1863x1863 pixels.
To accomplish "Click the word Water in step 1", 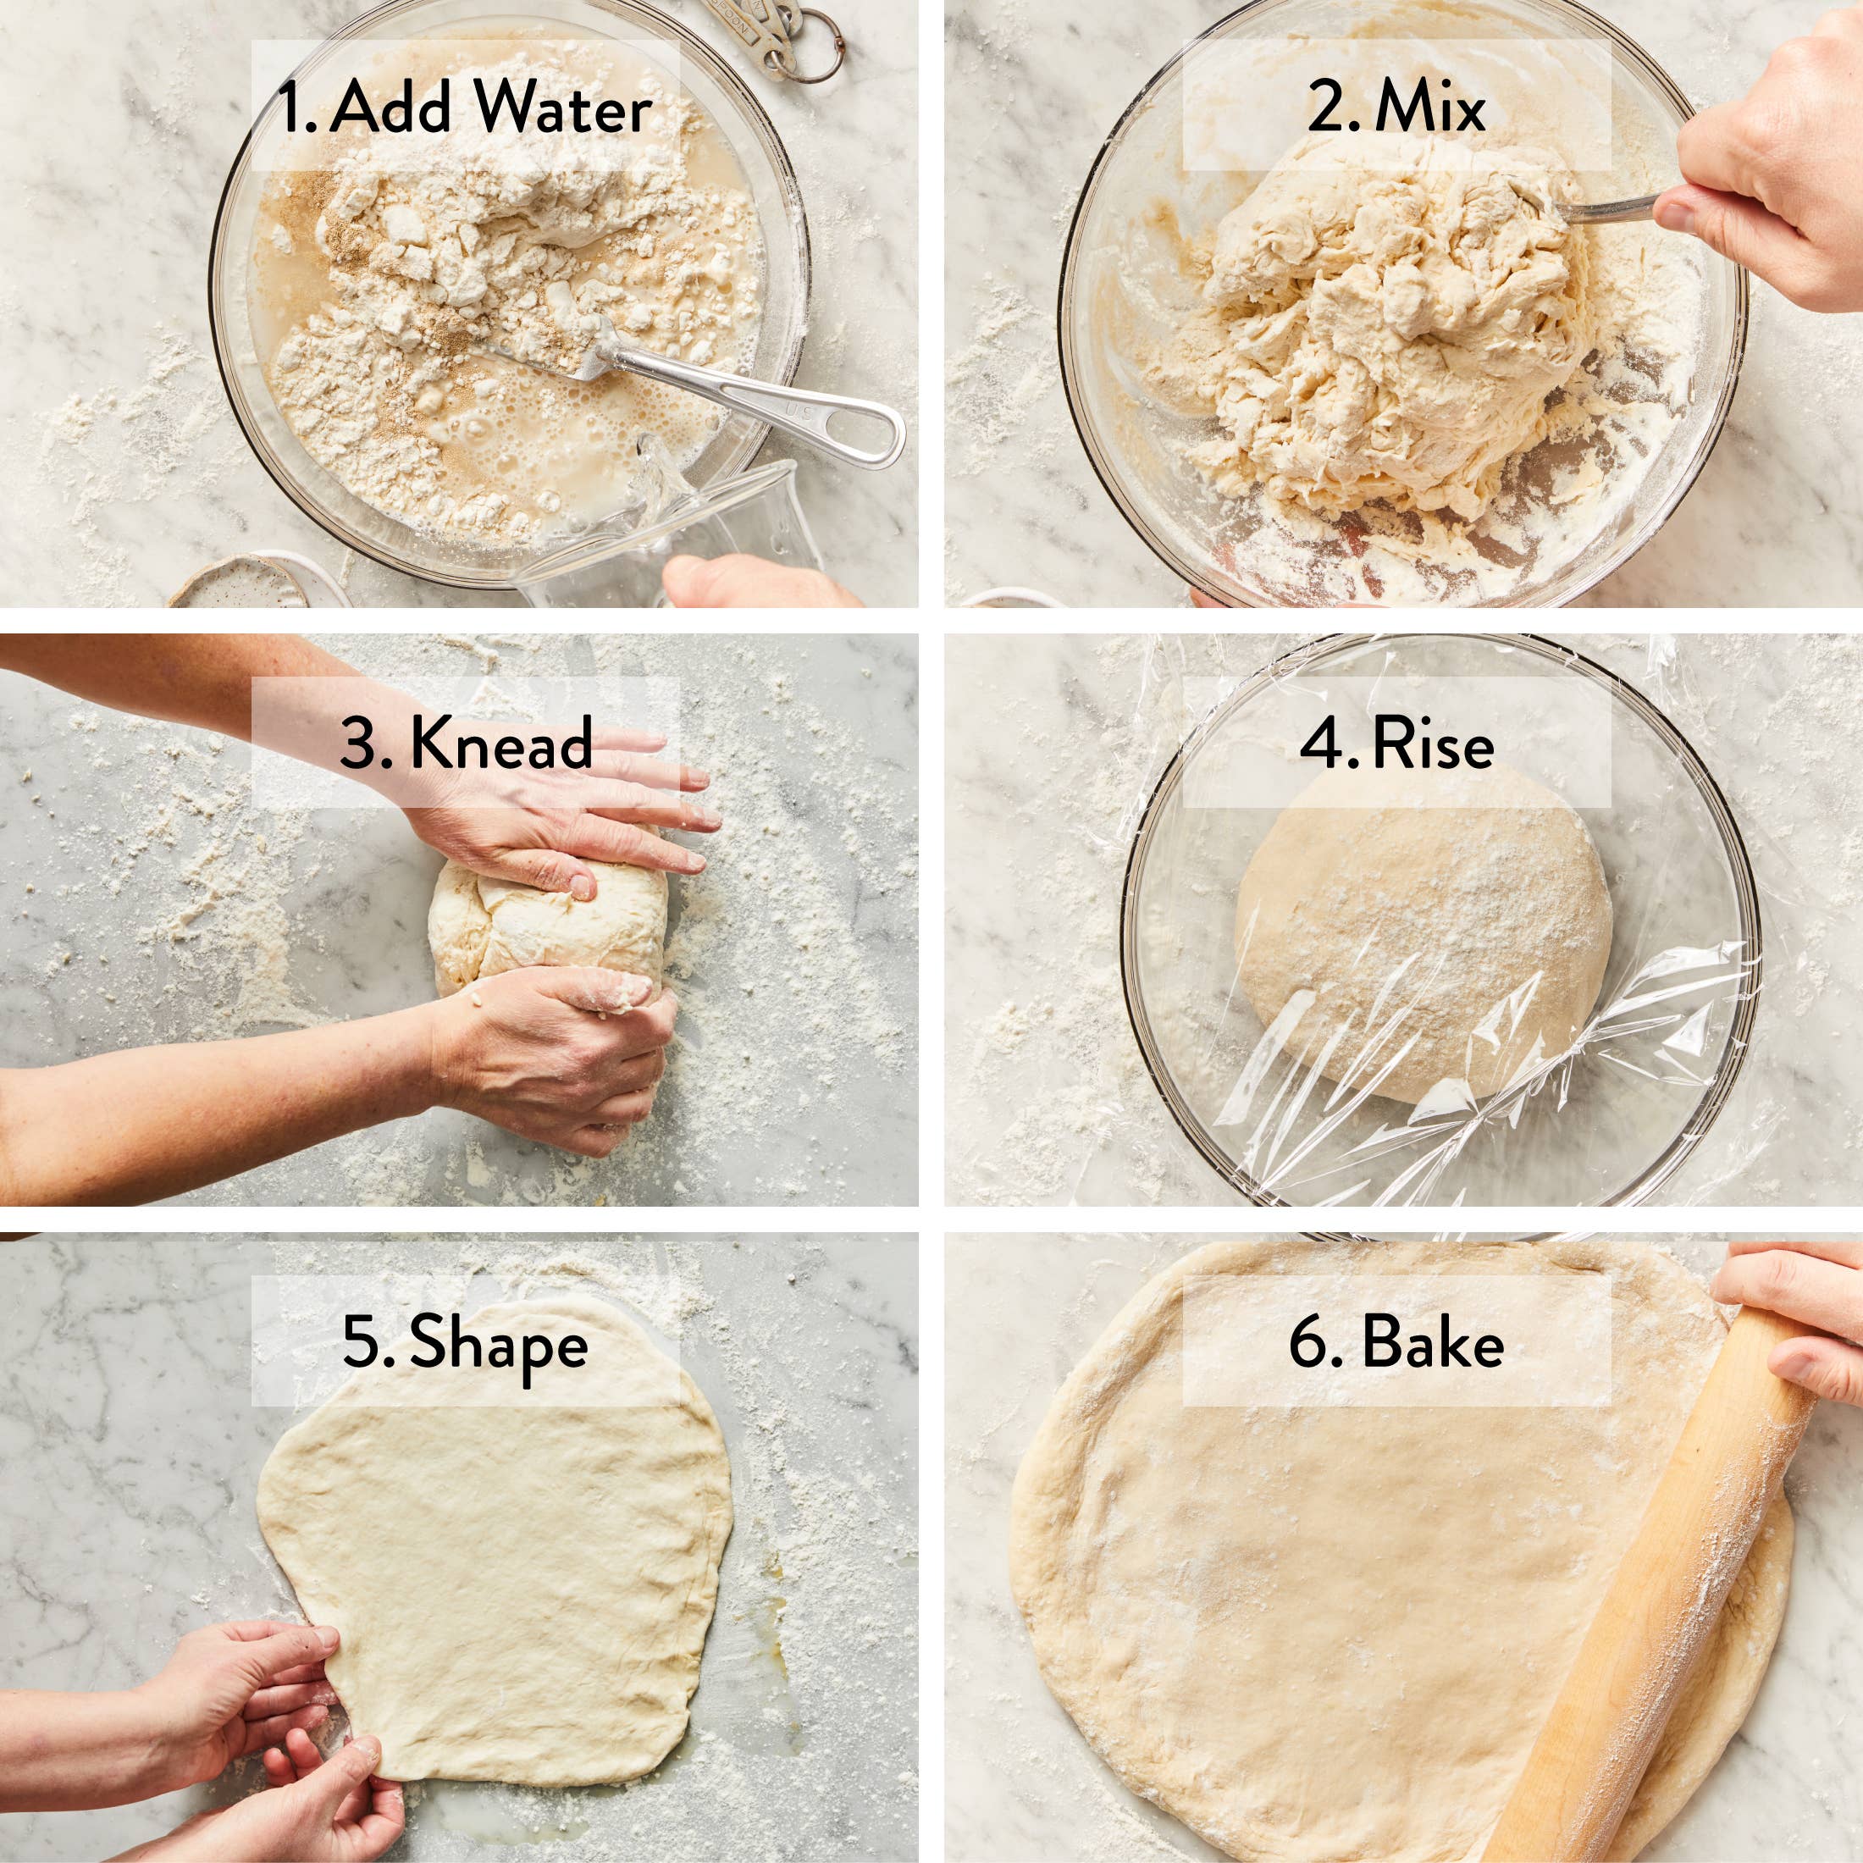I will click(x=563, y=109).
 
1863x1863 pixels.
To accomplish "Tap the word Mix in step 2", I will click(x=1430, y=109).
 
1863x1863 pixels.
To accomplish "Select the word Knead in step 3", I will click(x=500, y=744).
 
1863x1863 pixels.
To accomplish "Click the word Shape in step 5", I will click(x=499, y=1343).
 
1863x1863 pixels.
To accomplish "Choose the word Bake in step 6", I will click(x=1432, y=1343).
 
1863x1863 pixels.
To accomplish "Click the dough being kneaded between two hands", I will click(x=545, y=926).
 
